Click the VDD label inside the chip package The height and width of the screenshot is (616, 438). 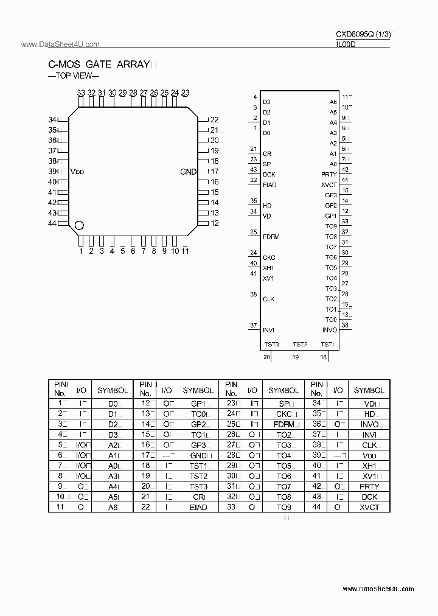[x=77, y=172]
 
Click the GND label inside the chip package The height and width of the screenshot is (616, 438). [x=189, y=172]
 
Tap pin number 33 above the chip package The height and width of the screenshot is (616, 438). [x=81, y=93]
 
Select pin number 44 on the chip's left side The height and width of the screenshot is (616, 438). [x=52, y=223]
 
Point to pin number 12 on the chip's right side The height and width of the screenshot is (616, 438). [x=214, y=223]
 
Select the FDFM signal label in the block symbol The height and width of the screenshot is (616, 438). [x=271, y=237]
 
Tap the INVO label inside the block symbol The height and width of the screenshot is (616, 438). [x=329, y=330]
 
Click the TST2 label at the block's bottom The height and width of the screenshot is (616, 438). [x=300, y=345]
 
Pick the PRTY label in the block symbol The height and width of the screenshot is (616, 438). [x=329, y=175]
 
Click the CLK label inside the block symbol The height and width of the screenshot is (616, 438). [x=268, y=299]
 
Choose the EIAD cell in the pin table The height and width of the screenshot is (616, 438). [x=198, y=507]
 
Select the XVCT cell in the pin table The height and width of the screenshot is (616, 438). [x=369, y=507]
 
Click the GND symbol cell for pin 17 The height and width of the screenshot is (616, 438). [x=198, y=455]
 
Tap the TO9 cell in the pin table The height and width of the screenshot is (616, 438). [x=283, y=507]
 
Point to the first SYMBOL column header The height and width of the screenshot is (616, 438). [x=113, y=390]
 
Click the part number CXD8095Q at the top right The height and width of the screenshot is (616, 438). [x=355, y=35]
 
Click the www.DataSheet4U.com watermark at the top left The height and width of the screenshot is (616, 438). [x=52, y=45]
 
